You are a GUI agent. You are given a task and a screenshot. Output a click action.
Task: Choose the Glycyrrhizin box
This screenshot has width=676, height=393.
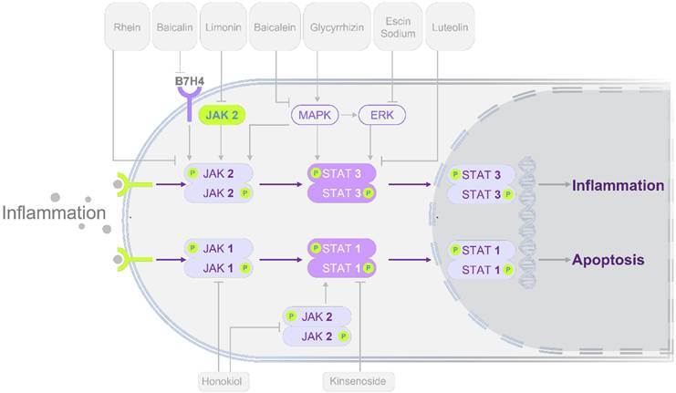click(329, 27)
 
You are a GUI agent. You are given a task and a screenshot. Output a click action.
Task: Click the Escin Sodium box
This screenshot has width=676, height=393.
click(395, 27)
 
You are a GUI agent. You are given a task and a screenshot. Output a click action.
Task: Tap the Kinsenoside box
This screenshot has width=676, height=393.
click(359, 378)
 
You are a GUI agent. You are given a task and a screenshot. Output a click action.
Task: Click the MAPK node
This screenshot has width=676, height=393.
click(315, 116)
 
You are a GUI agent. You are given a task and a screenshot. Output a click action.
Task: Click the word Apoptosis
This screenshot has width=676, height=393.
click(608, 260)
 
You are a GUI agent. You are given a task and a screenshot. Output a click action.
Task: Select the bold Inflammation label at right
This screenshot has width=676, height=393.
click(618, 185)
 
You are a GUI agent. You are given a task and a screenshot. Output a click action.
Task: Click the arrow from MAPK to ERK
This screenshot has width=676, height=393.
click(348, 116)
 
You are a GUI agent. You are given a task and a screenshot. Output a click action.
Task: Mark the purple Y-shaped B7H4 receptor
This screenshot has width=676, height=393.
click(189, 108)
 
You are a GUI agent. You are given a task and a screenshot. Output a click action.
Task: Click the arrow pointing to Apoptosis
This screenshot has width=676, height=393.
click(550, 260)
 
